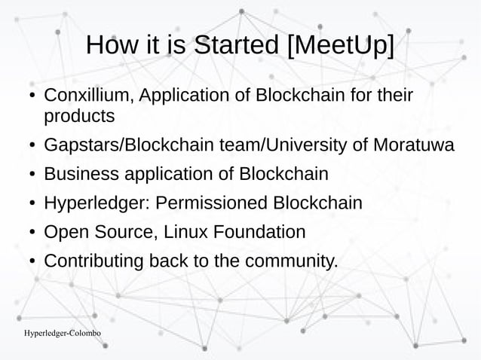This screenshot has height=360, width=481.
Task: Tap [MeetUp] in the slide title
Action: [340, 46]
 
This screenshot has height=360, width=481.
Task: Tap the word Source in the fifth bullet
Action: [124, 233]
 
